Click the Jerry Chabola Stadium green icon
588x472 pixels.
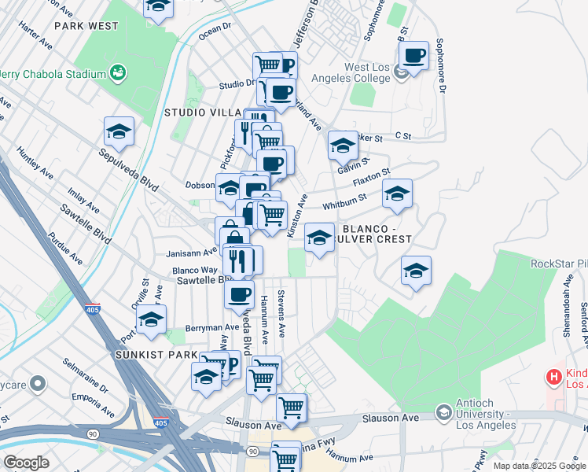point(119,74)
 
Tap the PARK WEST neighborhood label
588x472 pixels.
point(86,26)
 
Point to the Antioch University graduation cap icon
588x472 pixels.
point(443,412)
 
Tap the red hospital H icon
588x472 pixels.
point(553,378)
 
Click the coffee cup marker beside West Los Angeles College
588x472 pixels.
point(413,56)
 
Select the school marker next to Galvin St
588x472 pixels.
point(343,146)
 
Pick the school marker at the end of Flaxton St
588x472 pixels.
point(397,194)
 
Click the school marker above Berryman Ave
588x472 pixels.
point(151,319)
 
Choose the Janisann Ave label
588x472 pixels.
point(192,253)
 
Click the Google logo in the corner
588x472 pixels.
point(26,463)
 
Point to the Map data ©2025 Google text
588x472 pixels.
point(539,466)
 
